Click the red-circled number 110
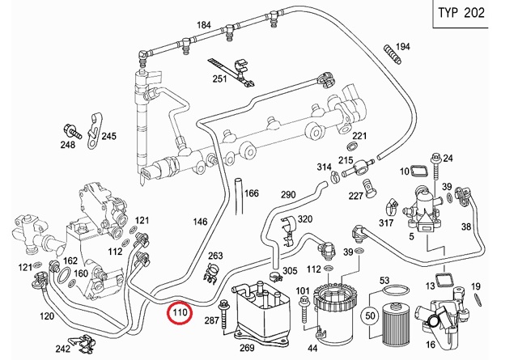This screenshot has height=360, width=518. (180, 312)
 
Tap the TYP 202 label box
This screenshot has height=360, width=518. (461, 13)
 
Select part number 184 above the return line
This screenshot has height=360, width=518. (203, 25)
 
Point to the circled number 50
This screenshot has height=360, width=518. (370, 316)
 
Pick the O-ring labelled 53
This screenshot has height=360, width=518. (394, 292)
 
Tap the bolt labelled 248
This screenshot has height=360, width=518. (71, 131)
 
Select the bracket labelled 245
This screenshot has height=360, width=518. (94, 132)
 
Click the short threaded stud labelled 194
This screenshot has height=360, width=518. (392, 54)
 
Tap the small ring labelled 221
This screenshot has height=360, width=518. (351, 146)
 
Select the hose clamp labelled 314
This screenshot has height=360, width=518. (334, 176)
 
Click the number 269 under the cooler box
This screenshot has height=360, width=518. (247, 347)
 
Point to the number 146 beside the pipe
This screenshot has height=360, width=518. (200, 222)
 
